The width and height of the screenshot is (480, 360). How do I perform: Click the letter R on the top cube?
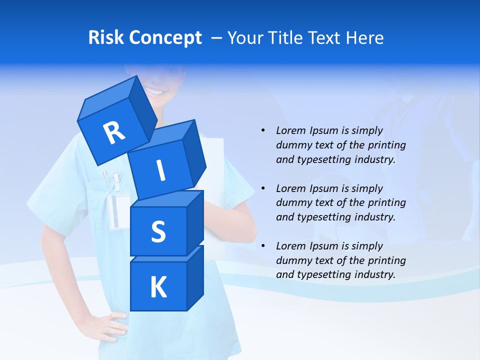(x=114, y=133)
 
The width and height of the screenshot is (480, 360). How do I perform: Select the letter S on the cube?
(x=158, y=232)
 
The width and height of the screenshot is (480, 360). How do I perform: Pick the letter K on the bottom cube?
(x=158, y=287)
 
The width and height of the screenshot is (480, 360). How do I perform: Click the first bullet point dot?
(x=263, y=130)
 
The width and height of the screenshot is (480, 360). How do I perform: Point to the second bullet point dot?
(x=263, y=188)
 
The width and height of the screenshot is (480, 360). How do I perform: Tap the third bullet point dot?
(x=263, y=246)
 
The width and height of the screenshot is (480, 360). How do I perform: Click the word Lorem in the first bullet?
(x=290, y=130)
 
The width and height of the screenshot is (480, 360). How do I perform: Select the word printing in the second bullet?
(x=386, y=203)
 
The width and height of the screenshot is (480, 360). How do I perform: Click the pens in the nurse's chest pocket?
(x=111, y=180)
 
